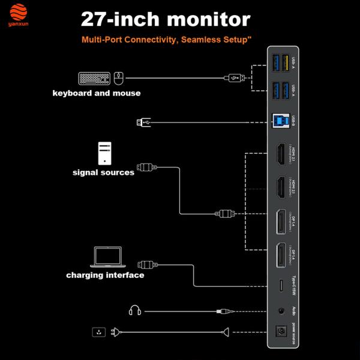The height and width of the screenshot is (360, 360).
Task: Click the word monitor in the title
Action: tap(208, 19)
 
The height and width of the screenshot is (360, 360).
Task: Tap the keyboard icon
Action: tap(94, 78)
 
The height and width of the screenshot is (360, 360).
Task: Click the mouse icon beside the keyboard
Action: tap(118, 78)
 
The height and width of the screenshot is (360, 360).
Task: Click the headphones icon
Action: tap(134, 311)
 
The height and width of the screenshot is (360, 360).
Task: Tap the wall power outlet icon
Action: tap(98, 331)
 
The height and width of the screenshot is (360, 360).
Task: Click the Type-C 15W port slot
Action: tap(280, 286)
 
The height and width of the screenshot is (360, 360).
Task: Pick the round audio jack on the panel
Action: tap(280, 311)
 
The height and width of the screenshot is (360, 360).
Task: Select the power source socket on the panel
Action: tap(280, 331)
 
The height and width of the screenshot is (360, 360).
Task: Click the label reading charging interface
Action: tap(105, 275)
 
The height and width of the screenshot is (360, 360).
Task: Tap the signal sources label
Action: tap(103, 173)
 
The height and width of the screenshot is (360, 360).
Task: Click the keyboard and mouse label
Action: tap(97, 93)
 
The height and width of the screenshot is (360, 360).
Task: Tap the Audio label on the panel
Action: tap(293, 311)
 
